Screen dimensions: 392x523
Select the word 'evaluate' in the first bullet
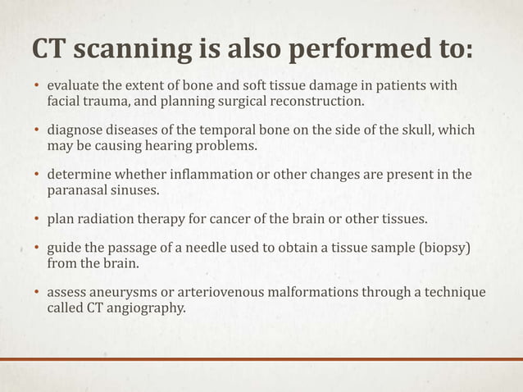74,87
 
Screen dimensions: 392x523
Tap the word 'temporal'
217,131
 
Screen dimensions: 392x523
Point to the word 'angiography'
146,308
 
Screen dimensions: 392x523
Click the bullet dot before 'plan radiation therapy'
35,221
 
